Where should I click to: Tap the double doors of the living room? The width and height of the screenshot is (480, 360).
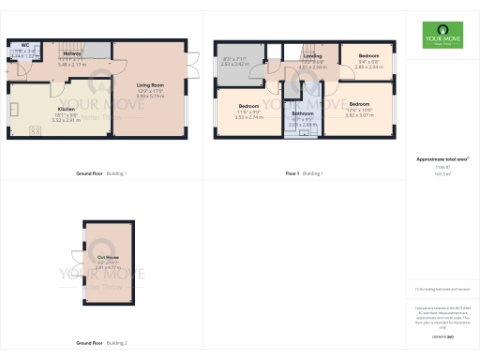[195, 63]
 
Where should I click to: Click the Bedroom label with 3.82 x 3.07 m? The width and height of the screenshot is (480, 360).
[360, 104]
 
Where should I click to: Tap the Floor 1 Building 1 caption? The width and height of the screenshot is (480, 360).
[304, 173]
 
